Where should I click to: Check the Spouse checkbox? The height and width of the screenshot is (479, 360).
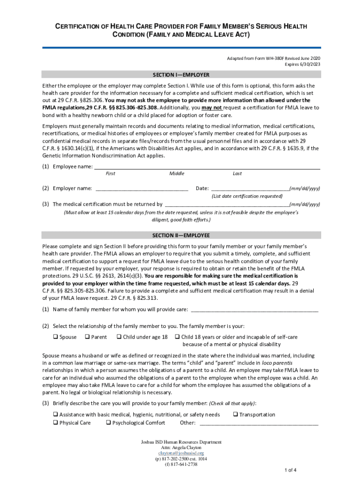[x=54, y=337]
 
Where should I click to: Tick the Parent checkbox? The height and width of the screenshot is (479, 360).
[x=87, y=337]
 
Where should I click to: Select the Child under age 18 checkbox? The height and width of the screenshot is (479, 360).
[x=119, y=337]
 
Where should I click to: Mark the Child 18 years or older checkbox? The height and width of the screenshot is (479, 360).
[x=178, y=337]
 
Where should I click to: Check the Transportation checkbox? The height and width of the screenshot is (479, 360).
[x=235, y=415]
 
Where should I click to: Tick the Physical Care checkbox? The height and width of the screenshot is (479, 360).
[x=54, y=423]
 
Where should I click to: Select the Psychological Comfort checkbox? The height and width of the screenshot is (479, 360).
[x=108, y=423]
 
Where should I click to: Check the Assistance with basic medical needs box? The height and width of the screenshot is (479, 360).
[x=54, y=415]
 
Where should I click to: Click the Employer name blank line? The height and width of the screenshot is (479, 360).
[x=142, y=189]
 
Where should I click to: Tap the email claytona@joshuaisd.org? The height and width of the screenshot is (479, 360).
[x=181, y=453]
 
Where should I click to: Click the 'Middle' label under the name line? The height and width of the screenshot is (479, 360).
[x=177, y=174]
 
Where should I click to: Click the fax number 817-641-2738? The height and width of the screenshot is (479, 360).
[x=181, y=464]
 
